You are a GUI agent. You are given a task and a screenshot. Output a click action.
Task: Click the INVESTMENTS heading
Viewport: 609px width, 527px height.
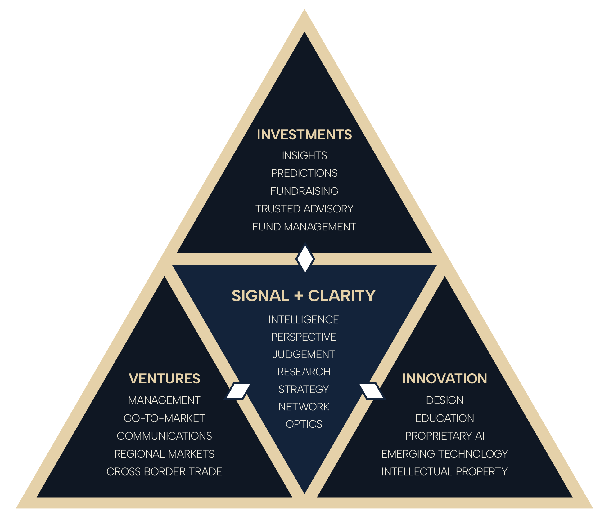tap(304, 135)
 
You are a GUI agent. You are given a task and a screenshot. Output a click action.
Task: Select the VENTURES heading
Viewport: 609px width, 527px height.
tap(164, 379)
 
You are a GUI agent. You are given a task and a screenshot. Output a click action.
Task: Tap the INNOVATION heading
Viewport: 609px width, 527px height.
tap(444, 379)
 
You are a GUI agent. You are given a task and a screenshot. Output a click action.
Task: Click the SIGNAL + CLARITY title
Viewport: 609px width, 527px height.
tap(304, 296)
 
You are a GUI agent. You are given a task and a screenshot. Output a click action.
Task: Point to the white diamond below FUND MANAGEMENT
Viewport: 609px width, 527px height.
tap(305, 259)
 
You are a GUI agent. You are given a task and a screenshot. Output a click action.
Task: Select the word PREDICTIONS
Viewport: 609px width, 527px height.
tap(304, 173)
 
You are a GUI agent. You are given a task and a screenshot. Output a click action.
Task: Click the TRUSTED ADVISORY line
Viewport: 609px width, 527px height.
tap(304, 209)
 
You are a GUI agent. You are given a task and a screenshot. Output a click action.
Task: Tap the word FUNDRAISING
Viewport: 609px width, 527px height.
tap(304, 191)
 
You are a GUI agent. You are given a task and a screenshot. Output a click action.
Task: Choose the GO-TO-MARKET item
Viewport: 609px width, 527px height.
tap(164, 418)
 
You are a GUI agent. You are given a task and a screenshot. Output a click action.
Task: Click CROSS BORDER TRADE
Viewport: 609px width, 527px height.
tap(164, 471)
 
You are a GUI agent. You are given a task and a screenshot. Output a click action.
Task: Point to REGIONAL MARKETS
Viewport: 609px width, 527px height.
tap(164, 454)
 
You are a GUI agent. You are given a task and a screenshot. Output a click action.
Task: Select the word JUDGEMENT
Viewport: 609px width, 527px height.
tap(304, 354)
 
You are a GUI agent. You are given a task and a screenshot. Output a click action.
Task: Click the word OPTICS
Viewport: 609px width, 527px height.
tap(304, 424)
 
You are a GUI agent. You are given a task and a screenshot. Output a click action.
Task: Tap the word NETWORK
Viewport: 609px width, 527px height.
tap(304, 407)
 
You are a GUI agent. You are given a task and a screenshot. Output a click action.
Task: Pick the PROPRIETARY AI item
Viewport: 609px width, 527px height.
tap(444, 436)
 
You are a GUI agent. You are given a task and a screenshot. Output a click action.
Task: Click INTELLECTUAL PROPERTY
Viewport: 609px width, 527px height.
tap(444, 471)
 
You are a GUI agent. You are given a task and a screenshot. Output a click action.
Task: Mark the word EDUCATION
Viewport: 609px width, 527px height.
tap(444, 418)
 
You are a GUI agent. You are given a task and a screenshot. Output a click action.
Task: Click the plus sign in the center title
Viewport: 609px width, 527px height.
tap(298, 296)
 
